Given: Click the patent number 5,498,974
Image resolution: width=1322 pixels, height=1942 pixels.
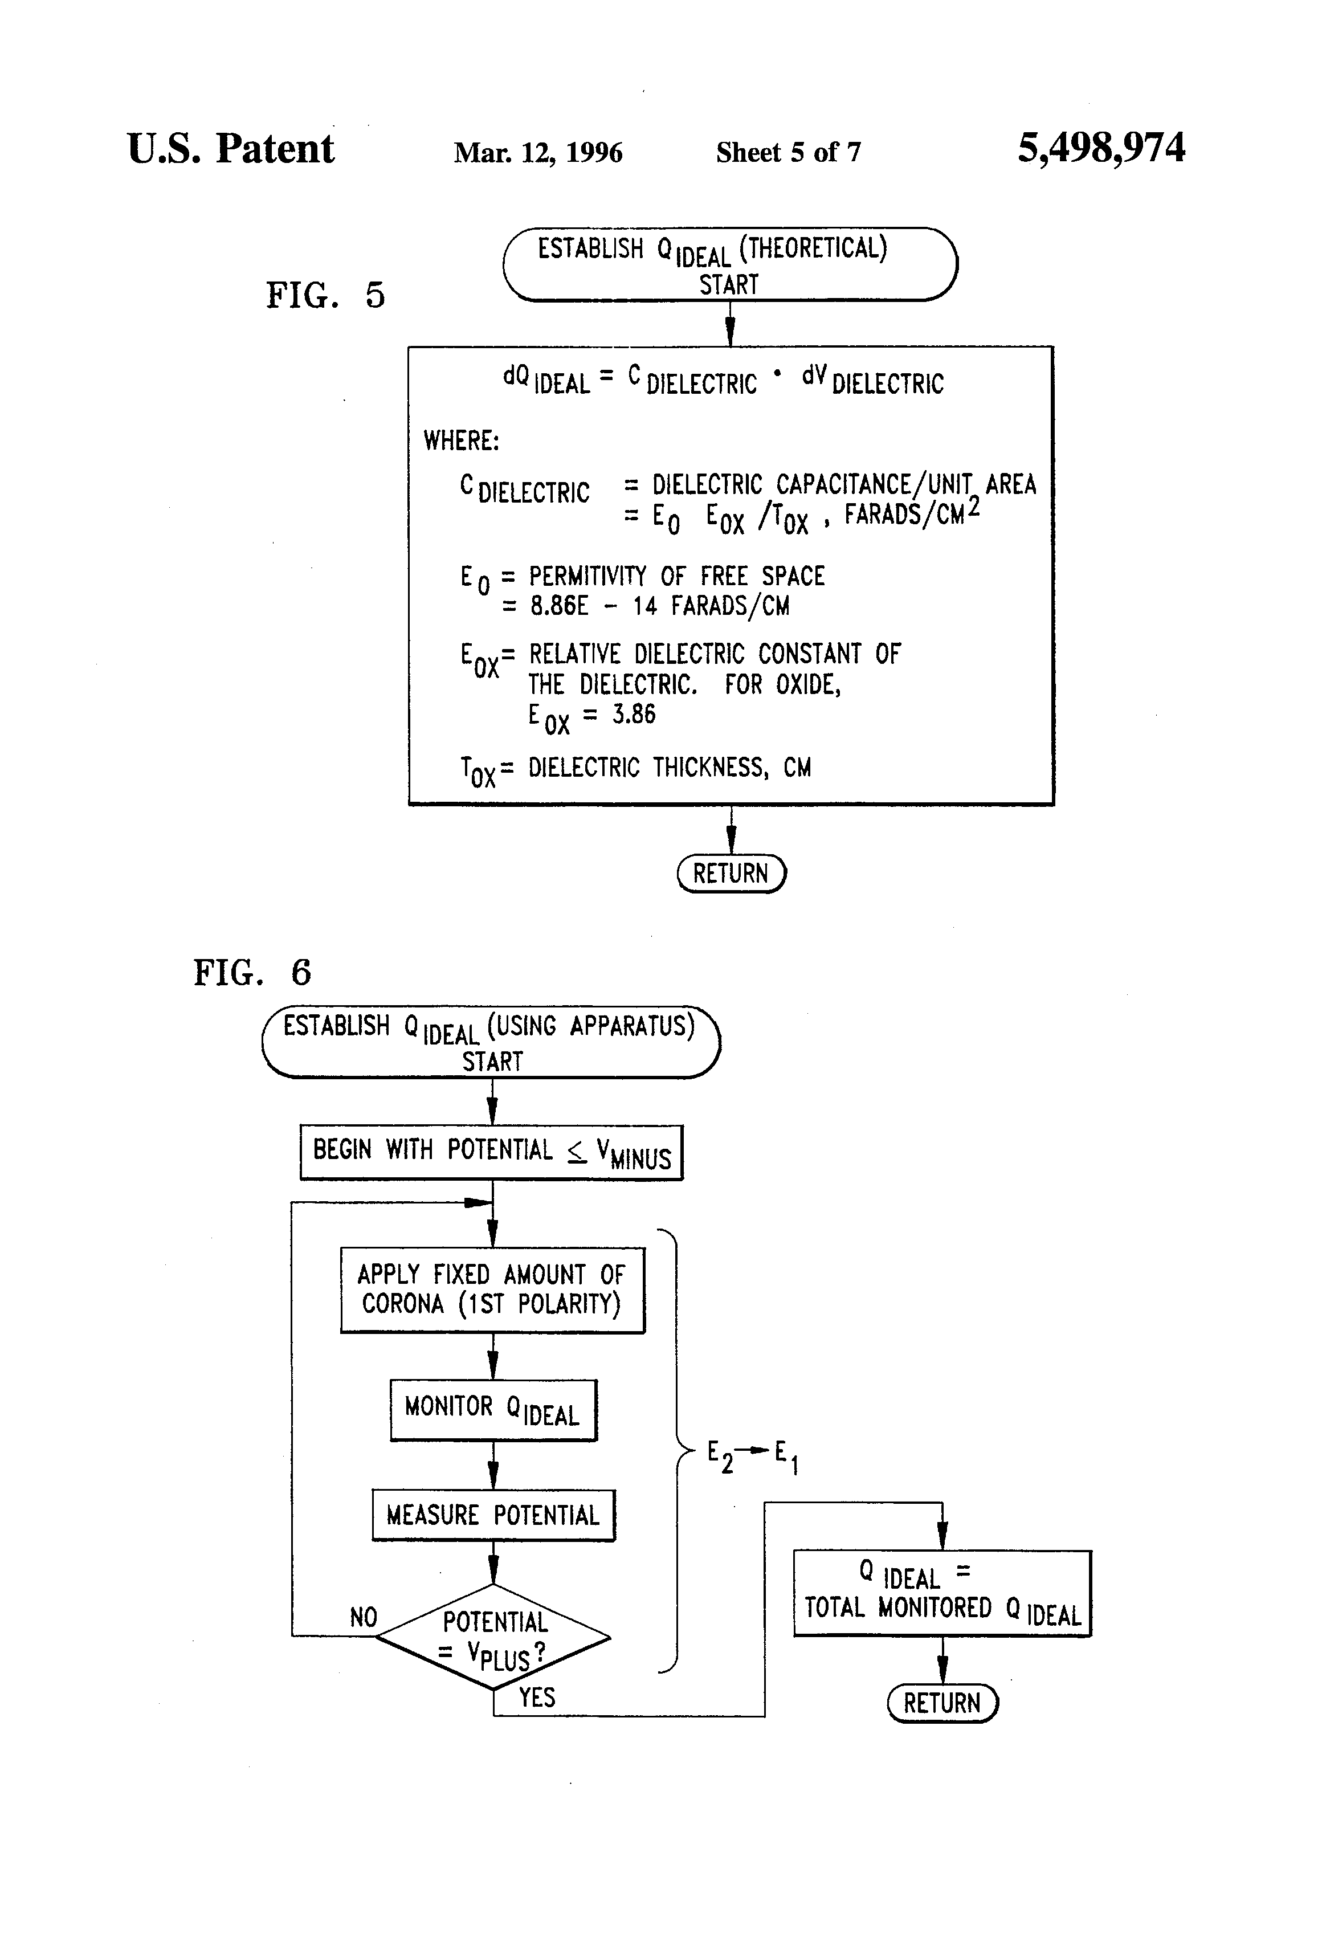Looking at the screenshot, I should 1100,149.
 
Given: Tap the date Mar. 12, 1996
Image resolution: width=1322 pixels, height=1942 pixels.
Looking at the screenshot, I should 538,152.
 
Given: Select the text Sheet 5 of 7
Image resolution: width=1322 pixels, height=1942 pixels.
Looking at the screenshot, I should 788,152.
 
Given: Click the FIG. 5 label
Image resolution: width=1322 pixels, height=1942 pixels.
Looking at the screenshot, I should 325,295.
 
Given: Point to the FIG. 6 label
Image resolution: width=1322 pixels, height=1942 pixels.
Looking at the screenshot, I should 252,973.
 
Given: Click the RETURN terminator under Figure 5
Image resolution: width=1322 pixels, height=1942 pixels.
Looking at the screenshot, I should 731,873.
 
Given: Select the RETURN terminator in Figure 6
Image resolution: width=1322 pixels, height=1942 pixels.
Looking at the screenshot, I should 942,1702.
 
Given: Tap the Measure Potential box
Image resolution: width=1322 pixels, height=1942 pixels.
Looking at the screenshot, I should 493,1515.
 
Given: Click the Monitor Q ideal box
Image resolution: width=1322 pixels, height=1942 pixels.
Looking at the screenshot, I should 493,1410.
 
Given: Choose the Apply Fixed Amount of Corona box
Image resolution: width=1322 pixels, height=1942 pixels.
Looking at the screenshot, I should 492,1290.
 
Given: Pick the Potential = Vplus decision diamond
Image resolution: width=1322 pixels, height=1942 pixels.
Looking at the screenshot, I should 493,1637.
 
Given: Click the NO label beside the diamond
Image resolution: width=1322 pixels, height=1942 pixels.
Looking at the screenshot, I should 364,1617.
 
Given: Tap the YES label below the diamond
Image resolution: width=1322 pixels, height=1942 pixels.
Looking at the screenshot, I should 536,1697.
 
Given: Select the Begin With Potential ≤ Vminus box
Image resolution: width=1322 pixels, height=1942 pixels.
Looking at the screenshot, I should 491,1152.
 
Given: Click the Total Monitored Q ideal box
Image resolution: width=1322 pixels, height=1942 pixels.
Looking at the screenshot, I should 942,1593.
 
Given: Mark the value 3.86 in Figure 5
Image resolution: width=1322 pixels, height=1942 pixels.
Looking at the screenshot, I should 634,715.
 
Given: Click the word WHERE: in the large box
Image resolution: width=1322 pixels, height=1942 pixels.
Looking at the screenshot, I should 462,440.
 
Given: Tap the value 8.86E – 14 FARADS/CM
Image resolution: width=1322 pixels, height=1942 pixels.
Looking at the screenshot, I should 659,606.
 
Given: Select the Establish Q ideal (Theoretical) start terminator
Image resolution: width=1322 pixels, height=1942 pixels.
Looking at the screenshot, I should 729,264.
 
